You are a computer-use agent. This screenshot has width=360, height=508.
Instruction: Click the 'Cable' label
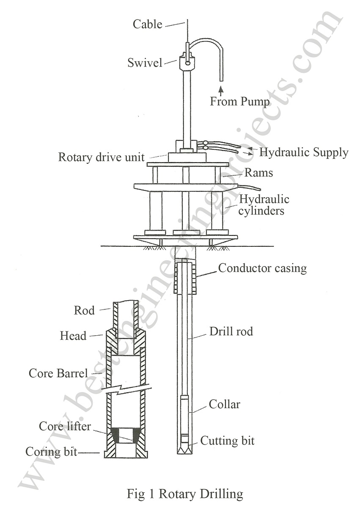tap(147, 24)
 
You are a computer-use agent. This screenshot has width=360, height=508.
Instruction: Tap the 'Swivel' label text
tap(145, 63)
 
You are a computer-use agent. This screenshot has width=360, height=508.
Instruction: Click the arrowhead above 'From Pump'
tap(220, 88)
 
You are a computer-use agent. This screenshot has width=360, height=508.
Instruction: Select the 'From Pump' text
tap(240, 102)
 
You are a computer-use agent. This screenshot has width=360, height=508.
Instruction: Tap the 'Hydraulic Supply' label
tap(303, 152)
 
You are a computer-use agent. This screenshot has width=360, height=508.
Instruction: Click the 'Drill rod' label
tap(231, 331)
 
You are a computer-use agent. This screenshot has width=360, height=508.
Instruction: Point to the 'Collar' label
tap(224, 404)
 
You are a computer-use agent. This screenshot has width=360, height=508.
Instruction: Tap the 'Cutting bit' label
tap(227, 441)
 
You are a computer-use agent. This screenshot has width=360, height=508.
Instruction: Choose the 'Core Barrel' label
tap(58, 373)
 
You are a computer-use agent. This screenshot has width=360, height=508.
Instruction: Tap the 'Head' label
tap(73, 336)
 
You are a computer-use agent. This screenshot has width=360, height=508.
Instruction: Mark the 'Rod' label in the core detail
tap(84, 310)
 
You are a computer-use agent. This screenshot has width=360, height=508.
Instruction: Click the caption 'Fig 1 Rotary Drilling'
tap(185, 494)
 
